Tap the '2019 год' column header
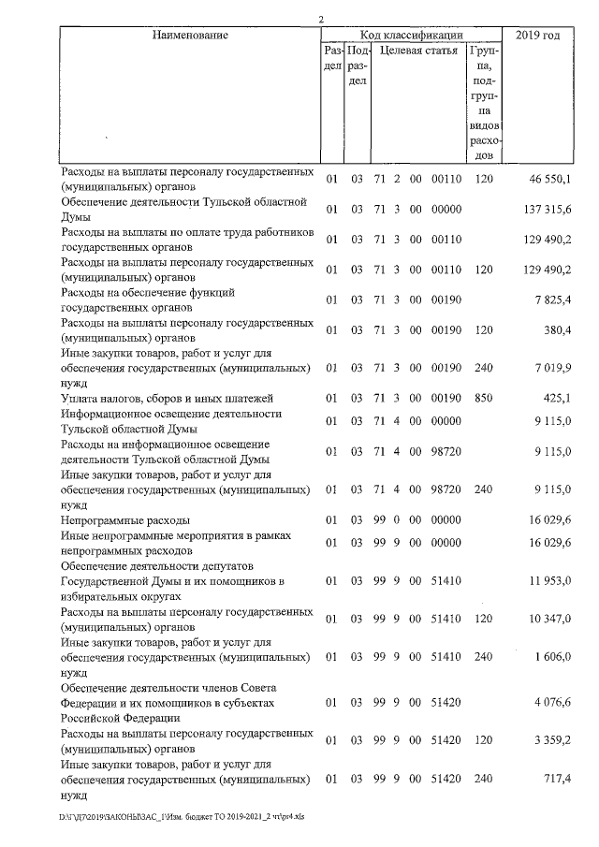[537, 36]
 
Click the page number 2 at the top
[321, 19]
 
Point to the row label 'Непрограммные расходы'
[125, 519]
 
